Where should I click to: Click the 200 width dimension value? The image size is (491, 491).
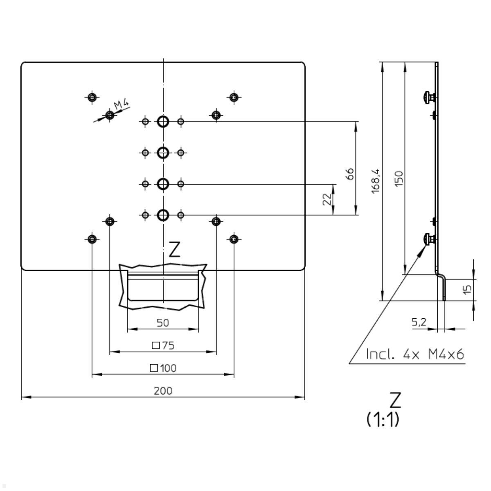163,391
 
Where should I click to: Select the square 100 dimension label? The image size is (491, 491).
163,368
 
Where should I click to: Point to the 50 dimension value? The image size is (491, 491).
163,323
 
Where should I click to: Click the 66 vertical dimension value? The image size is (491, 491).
349,173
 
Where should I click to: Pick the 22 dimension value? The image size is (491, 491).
327,199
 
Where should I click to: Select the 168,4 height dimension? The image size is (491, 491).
376,180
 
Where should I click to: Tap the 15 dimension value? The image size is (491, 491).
468,289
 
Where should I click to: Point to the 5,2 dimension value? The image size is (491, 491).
419,322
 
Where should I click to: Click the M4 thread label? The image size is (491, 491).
122,105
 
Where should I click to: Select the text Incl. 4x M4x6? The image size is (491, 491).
415,354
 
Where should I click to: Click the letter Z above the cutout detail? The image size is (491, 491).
174,250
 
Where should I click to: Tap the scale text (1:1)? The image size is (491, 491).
383,419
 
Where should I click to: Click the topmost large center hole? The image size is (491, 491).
163,122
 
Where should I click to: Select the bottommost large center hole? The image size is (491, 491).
163,215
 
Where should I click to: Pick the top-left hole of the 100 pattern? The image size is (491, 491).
92,97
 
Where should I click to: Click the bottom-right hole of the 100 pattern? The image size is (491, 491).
234,239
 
